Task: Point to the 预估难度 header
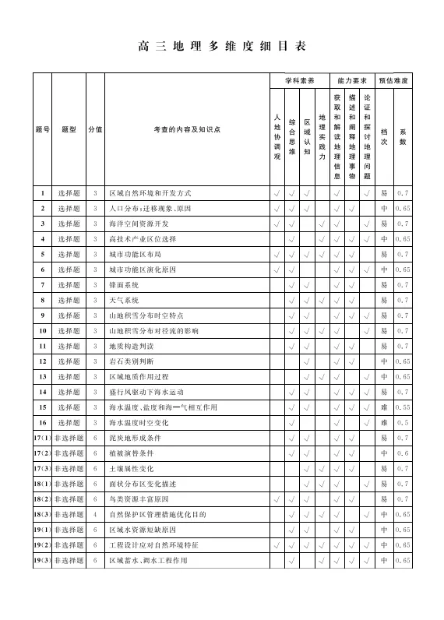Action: click(393, 80)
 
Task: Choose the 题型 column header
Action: click(69, 129)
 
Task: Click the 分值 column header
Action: click(95, 129)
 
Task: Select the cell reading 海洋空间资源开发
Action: click(138, 224)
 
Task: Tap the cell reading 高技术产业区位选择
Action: click(141, 239)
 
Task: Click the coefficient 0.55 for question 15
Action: click(403, 407)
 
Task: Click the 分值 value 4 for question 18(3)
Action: click(95, 515)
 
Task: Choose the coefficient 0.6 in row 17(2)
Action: click(403, 453)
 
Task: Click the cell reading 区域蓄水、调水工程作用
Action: click(148, 561)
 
